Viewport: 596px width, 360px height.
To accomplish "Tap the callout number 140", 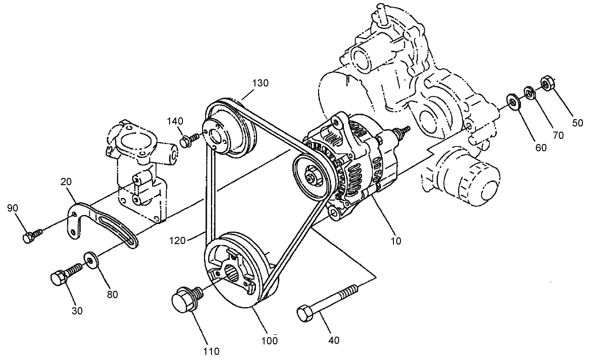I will (x=176, y=121).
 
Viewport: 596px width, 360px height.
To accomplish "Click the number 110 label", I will (x=211, y=351).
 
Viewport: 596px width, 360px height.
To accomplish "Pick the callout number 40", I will (x=334, y=340).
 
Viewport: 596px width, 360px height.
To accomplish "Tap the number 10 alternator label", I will (x=396, y=241).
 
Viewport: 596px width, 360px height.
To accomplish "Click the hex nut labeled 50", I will (x=546, y=83).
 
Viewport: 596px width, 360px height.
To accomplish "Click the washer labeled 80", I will (x=90, y=259).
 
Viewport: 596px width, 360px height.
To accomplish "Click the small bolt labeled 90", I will (x=29, y=237).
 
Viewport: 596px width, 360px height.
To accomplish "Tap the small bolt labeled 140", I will (x=187, y=140).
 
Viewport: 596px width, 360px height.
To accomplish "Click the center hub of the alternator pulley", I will (x=310, y=177).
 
